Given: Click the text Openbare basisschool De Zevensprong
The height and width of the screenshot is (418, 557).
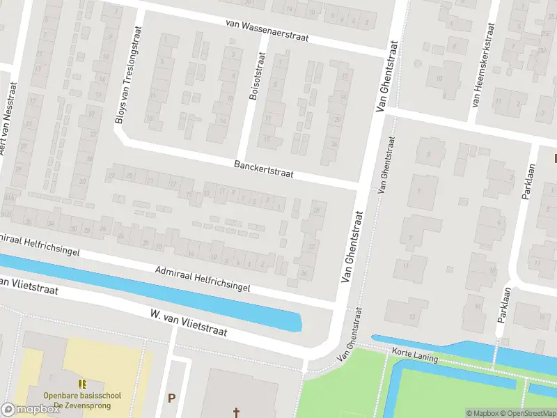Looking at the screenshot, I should (82, 400).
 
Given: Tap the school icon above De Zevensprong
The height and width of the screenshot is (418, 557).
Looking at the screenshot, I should (82, 384).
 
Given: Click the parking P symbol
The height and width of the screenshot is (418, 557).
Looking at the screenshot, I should (171, 398).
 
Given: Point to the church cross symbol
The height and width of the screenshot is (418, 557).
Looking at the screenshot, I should (236, 413).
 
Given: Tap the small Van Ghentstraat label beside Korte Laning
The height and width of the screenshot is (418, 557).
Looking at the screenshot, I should (353, 344).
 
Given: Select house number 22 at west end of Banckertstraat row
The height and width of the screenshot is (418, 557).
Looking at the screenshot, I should (111, 175).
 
